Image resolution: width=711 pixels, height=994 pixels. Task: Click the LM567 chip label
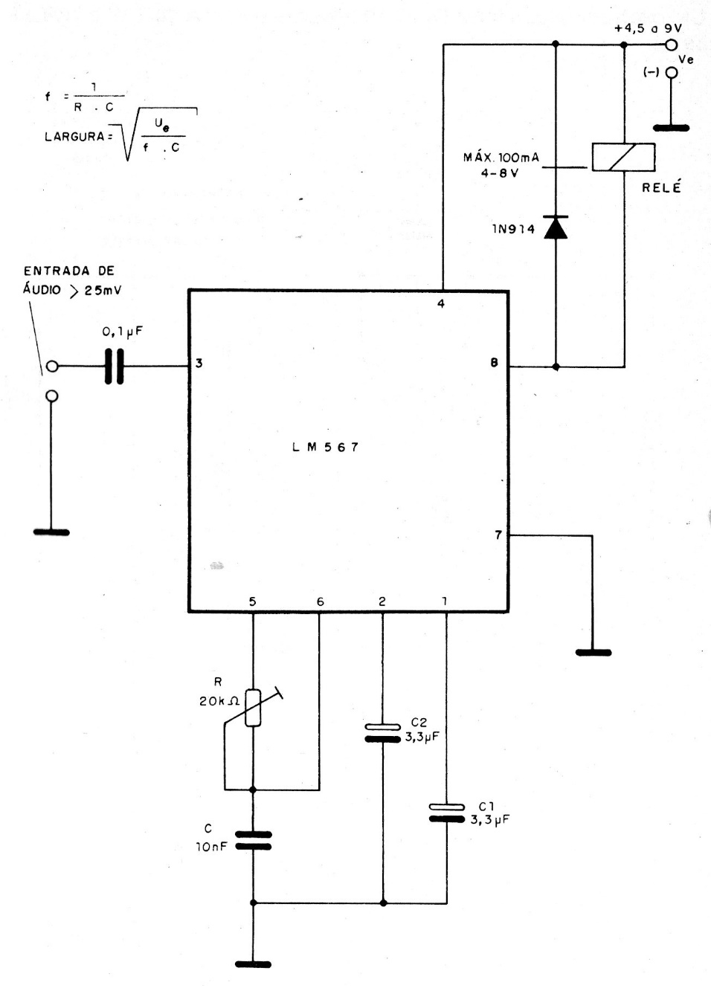325,448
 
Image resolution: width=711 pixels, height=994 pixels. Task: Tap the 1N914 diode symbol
556,227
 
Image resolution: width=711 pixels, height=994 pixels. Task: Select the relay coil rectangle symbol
623,157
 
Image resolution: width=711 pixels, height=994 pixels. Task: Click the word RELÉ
661,187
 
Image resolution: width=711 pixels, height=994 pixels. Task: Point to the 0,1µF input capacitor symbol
114,366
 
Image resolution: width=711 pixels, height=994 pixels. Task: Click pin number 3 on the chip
199,364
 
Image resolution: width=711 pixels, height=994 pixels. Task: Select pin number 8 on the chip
494,364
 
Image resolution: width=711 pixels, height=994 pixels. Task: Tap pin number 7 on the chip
498,535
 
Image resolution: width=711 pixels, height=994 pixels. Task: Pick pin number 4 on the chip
441,304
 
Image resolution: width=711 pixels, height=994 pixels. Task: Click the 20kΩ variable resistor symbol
253,707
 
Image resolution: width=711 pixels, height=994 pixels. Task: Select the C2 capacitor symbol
383,732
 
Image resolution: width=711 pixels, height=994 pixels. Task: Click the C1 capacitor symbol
447,813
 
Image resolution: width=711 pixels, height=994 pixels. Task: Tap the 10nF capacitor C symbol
253,840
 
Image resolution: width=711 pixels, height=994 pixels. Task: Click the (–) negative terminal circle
672,73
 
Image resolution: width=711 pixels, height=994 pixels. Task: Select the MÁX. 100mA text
501,158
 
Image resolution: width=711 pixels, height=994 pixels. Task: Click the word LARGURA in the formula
74,137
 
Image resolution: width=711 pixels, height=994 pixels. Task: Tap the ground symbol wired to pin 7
593,652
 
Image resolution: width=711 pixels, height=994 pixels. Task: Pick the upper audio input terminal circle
52,366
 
